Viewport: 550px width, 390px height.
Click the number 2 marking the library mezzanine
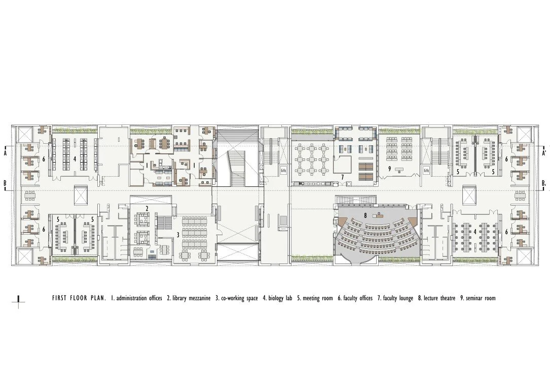146,209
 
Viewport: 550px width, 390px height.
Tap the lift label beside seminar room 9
427,171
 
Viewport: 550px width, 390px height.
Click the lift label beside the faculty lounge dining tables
284,171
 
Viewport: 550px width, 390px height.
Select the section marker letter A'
544,152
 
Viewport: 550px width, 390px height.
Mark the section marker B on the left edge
5,183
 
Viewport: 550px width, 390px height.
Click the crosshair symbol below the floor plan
19,302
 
